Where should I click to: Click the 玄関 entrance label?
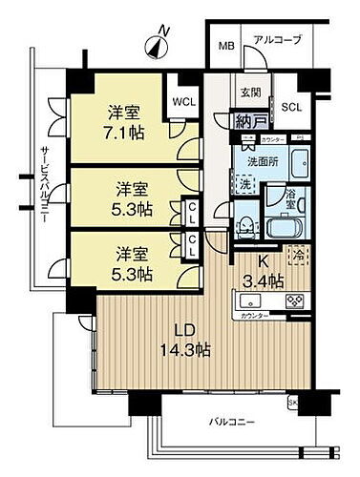pos(250,93)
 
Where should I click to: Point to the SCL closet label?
pos(290,107)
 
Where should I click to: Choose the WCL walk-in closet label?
pos(184,98)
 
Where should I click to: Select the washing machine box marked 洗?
pos(246,183)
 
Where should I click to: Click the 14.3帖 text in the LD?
pos(187,350)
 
